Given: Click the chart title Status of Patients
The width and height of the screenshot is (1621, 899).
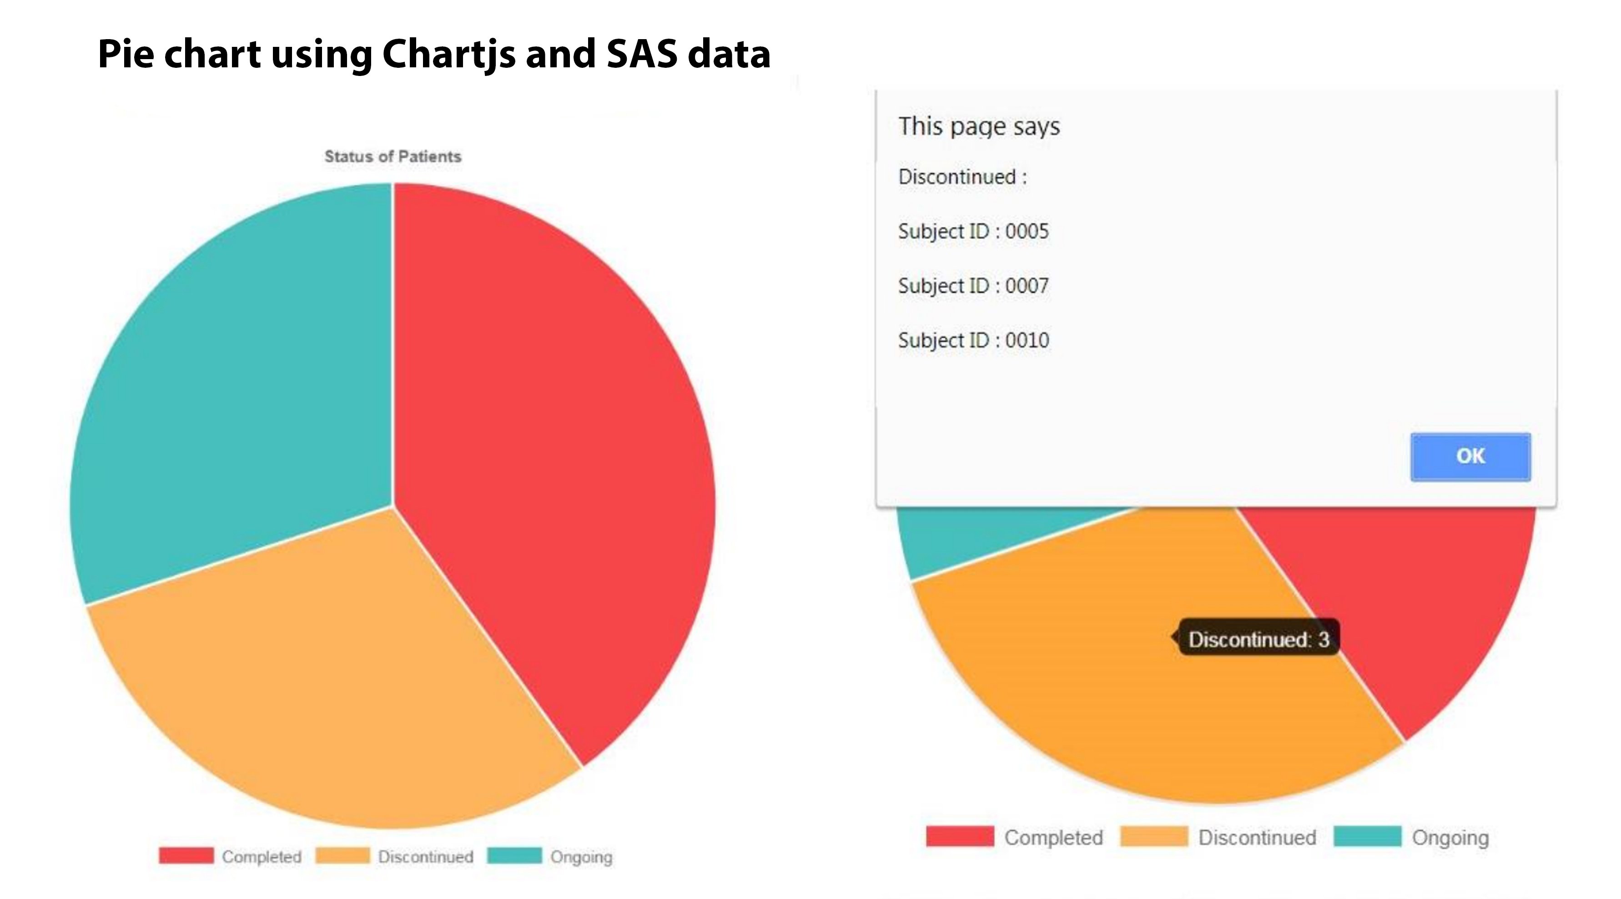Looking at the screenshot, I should click(x=393, y=157).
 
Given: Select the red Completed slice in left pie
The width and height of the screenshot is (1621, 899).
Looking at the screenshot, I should click(x=554, y=441).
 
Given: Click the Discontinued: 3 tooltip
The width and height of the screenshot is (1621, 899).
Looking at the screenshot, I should click(x=1259, y=640).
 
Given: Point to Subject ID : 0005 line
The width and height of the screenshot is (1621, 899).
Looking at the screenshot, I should click(x=973, y=232).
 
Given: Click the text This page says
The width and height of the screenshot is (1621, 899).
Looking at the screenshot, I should click(x=978, y=126).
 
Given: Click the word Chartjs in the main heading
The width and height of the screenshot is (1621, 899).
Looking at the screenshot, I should click(x=448, y=54).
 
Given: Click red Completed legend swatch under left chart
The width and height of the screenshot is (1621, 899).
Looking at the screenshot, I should click(x=186, y=856).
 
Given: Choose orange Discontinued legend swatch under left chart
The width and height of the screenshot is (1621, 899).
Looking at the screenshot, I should click(x=342, y=856).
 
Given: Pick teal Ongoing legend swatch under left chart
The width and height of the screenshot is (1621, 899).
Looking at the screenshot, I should click(x=514, y=856).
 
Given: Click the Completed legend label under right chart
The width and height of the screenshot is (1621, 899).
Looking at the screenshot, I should click(x=1053, y=838).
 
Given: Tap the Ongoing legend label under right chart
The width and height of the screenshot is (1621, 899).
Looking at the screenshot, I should click(x=1450, y=838).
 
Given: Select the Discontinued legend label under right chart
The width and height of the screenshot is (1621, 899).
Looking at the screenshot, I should click(x=1257, y=838).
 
